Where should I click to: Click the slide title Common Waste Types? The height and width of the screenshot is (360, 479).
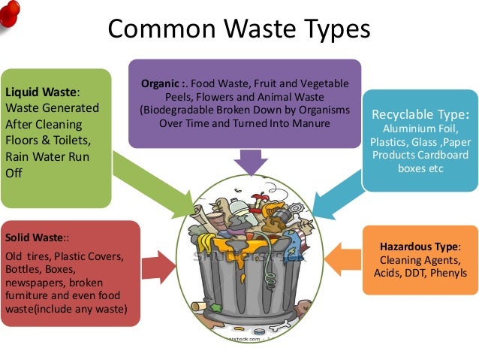click(x=239, y=29)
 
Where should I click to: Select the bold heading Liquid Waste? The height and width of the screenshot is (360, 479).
click(x=41, y=92)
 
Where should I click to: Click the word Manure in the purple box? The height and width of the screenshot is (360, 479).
click(x=309, y=123)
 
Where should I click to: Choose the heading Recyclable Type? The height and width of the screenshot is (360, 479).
click(x=420, y=115)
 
